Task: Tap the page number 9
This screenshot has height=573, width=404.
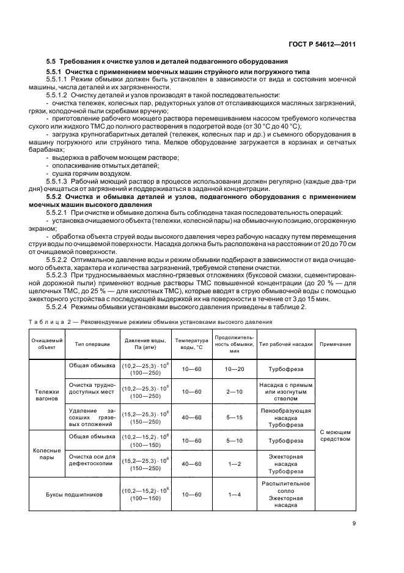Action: tap(354, 523)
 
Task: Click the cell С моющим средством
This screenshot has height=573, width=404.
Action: tap(335, 435)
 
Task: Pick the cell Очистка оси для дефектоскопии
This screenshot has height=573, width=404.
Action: tap(92, 460)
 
